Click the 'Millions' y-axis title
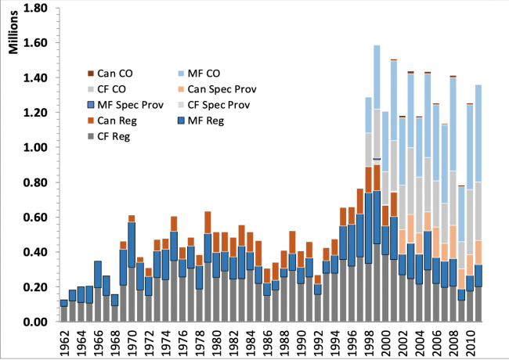click(14, 34)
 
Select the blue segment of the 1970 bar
click(132, 244)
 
